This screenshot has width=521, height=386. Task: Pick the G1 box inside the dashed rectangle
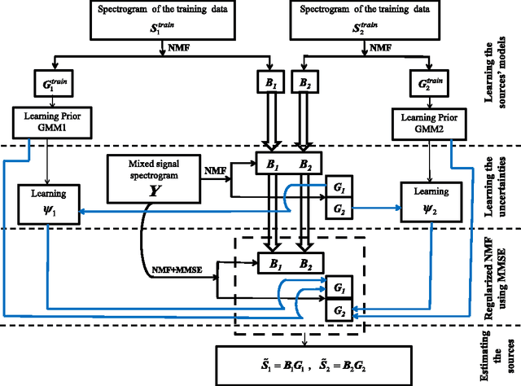[x=338, y=287]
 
